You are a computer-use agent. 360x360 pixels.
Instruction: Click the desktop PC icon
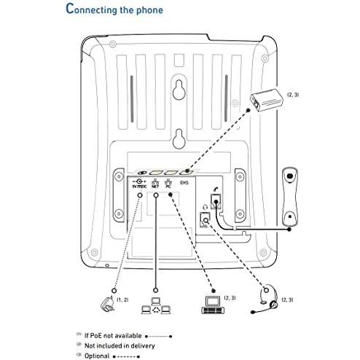pos(211,305)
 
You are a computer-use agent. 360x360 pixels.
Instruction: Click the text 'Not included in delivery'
pos(117,345)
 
